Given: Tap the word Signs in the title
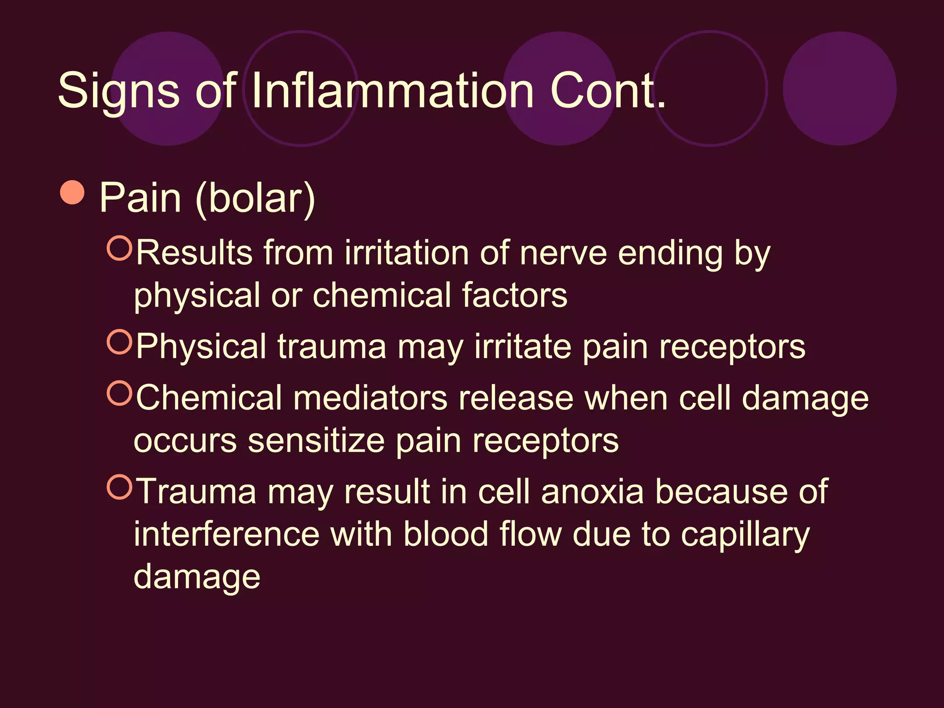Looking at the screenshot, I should click(118, 91).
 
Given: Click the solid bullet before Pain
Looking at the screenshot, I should click(72, 192).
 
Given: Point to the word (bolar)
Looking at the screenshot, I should click(255, 199).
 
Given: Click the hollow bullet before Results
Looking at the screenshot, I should click(119, 248).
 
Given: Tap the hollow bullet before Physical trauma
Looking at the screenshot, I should click(119, 342).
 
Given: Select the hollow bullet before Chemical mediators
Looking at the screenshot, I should click(119, 393).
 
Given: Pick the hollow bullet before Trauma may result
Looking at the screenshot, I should click(119, 487).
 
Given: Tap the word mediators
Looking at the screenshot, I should click(370, 398).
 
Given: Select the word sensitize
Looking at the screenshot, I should click(316, 441).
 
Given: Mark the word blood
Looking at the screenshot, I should click(446, 534).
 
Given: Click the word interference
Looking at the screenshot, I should click(227, 534).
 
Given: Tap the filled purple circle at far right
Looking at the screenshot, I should click(839, 88).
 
